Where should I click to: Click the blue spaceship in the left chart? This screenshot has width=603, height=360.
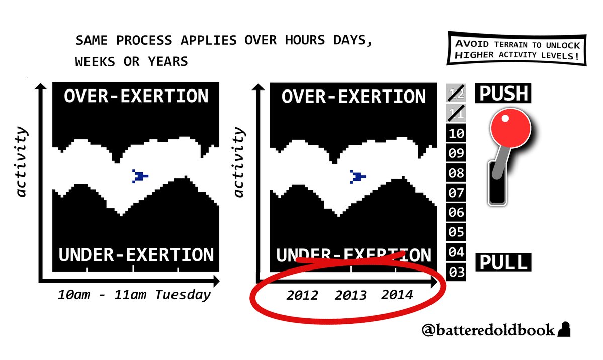140,176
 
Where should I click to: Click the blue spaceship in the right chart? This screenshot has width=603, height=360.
358,176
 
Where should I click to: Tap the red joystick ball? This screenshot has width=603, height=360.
510,128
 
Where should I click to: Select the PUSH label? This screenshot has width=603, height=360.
503,94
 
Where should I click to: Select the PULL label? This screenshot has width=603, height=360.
503,262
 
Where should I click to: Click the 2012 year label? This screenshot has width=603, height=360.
302,295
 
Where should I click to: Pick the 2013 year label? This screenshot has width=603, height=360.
351,295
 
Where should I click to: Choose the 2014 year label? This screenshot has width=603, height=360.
397,295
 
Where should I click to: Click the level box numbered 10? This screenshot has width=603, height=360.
456,133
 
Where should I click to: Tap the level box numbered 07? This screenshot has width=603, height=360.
456,192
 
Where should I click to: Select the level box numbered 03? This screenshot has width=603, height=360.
456,272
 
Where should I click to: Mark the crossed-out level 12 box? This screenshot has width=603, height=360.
456,93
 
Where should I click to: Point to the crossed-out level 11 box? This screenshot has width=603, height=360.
456,113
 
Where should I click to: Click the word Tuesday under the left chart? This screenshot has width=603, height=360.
183,295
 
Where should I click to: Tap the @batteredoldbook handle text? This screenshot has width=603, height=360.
488,330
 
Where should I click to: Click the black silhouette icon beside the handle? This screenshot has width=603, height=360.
564,330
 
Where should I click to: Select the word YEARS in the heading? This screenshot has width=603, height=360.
168,61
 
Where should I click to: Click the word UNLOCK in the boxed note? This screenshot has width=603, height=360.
563,45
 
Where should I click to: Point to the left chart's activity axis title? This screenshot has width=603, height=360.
22,161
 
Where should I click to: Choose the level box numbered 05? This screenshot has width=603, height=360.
456,232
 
